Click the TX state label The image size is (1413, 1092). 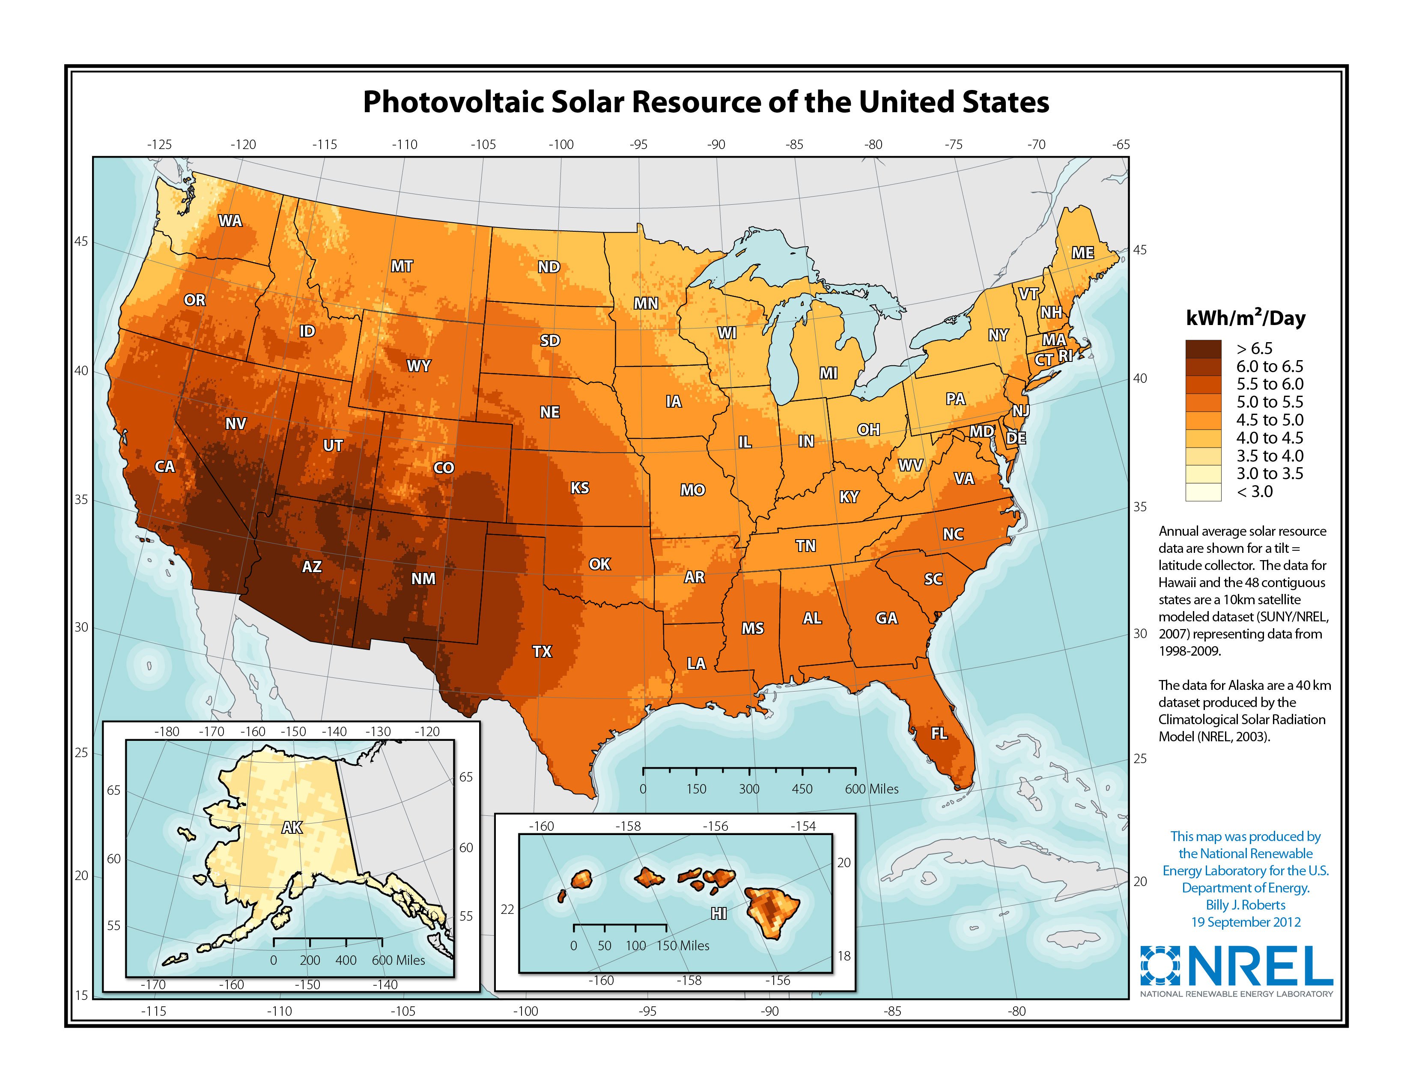tap(542, 651)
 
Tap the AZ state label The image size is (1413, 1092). tap(311, 567)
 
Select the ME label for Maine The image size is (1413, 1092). tap(1082, 253)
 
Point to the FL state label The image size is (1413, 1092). tap(939, 733)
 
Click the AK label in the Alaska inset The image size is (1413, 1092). tap(292, 827)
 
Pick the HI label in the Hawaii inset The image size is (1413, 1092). tap(718, 913)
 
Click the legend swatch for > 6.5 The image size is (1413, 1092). tap(1203, 349)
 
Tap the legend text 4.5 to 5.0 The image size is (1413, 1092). tap(1270, 420)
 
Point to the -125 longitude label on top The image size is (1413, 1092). tap(159, 144)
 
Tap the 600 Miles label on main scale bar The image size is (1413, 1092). tap(871, 788)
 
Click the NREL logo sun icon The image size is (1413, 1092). tap(1160, 966)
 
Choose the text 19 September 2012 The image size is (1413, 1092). tap(1246, 922)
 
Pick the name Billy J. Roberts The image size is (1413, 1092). tap(1246, 904)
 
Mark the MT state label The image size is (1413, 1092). tap(401, 266)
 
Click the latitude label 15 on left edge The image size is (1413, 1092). tap(81, 995)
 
